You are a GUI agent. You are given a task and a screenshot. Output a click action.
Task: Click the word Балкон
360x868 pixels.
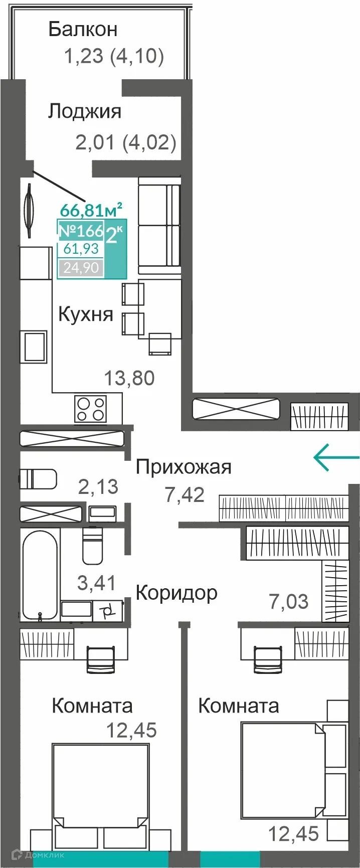point(83,30)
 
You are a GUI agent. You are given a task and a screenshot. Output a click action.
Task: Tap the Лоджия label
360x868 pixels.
point(85,111)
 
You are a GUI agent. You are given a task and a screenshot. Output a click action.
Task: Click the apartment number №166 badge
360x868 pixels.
point(81,231)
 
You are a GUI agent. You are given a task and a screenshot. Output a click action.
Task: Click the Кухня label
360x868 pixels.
point(86,314)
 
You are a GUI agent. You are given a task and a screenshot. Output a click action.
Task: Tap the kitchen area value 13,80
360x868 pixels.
point(129,378)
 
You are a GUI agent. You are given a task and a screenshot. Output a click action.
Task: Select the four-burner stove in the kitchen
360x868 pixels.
point(91,409)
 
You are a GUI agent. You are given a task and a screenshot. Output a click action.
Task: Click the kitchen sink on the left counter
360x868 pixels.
point(34,346)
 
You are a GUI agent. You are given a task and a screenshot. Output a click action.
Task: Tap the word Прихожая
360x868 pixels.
point(184,467)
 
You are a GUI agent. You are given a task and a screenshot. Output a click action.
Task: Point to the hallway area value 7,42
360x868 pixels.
point(185,495)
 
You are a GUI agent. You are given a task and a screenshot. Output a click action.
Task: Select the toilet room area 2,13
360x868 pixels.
point(98,486)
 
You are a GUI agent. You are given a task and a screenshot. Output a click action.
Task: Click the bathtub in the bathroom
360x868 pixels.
point(40,575)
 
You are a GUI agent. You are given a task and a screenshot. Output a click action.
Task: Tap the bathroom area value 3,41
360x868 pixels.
point(96,583)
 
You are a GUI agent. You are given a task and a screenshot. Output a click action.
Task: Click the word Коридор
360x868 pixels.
point(176,593)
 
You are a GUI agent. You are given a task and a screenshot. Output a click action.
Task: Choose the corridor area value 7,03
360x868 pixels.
point(289,601)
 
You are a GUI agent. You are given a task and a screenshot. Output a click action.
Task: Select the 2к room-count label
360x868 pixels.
point(114,234)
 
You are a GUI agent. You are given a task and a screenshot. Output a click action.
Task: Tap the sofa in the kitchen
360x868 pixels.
point(159,225)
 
